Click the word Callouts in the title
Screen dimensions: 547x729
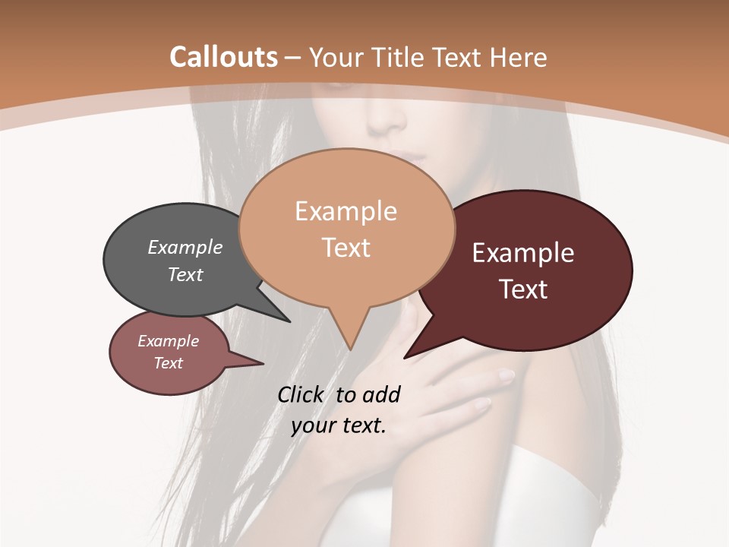pos(223,57)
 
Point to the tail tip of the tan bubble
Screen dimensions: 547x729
pos(350,349)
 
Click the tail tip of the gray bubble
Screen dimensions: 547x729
pos(289,321)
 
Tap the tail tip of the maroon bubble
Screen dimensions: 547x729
pos(406,357)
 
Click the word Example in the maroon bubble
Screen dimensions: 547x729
pos(523,253)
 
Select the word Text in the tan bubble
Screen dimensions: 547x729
pos(346,248)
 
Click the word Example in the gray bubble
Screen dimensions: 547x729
pos(185,248)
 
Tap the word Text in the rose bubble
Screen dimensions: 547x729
pos(169,363)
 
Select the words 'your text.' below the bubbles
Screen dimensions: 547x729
pos(339,425)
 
